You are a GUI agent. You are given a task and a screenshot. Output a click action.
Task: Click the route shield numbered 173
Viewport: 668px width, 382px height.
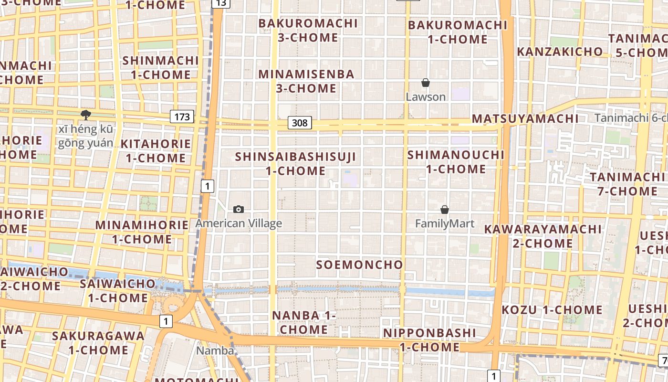point(182,116)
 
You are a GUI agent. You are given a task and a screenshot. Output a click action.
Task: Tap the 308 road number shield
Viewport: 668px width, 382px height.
point(300,123)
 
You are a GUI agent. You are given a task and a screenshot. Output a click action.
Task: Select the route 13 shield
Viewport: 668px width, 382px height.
point(221,3)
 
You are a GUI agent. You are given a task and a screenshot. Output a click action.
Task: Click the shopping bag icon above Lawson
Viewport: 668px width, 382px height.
point(426,83)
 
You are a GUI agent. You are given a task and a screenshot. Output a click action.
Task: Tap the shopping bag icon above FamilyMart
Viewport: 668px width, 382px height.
point(445,210)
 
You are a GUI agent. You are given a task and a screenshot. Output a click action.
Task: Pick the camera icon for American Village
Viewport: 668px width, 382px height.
point(239,209)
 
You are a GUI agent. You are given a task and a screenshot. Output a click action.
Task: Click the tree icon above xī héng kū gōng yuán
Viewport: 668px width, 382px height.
point(86,115)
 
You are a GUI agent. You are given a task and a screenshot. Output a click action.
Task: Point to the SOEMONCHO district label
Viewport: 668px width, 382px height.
point(360,265)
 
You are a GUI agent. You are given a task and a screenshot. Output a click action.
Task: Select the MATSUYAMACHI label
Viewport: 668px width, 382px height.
point(525,118)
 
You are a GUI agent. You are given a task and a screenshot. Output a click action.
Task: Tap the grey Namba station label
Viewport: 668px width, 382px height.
point(215,351)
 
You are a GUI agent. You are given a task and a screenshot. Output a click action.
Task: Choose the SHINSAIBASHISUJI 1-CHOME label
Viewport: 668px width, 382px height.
point(296,163)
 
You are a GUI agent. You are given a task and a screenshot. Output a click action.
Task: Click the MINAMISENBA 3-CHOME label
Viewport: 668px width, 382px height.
point(307,81)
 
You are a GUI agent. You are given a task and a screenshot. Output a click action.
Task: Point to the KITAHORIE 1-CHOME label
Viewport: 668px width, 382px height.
point(156,151)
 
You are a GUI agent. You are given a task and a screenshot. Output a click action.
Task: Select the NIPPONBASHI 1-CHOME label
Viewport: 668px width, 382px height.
point(429,340)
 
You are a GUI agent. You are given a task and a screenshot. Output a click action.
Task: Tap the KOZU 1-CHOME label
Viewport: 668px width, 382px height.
point(552,310)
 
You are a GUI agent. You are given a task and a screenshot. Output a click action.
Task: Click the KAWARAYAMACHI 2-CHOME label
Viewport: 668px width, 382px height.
point(543,236)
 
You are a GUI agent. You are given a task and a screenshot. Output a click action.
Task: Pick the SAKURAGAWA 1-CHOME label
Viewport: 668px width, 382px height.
point(98,343)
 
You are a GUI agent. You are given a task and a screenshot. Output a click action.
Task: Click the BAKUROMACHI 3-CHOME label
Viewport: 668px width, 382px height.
point(308,30)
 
